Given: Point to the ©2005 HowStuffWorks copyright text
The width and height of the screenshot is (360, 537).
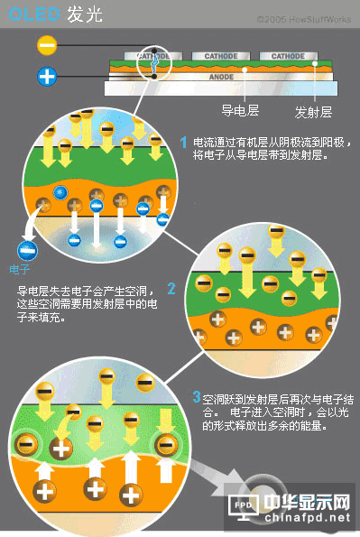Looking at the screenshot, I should pos(300,18).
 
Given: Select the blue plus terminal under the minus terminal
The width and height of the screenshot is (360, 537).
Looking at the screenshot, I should pos(47,76).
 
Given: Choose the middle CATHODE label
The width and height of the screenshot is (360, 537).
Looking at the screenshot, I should pos(220,56).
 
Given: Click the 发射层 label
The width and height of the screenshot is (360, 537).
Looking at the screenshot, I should pos(313,113).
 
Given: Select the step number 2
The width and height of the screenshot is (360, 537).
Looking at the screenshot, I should pos(171,290).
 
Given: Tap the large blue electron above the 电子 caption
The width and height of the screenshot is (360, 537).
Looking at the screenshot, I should pos(24,249).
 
